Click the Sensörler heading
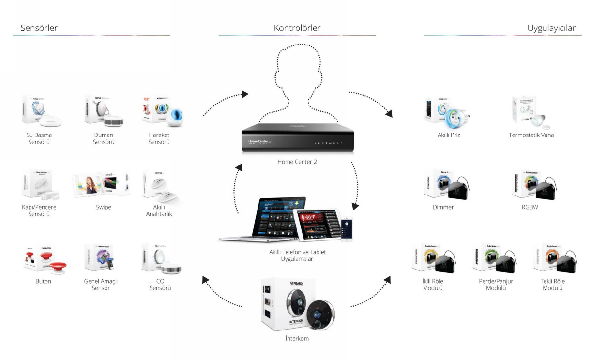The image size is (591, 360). click(x=39, y=28)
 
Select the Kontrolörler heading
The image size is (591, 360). click(x=297, y=28)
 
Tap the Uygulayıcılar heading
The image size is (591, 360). click(x=551, y=28)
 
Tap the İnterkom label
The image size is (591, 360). click(x=297, y=339)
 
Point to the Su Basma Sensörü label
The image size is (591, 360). click(x=39, y=139)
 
